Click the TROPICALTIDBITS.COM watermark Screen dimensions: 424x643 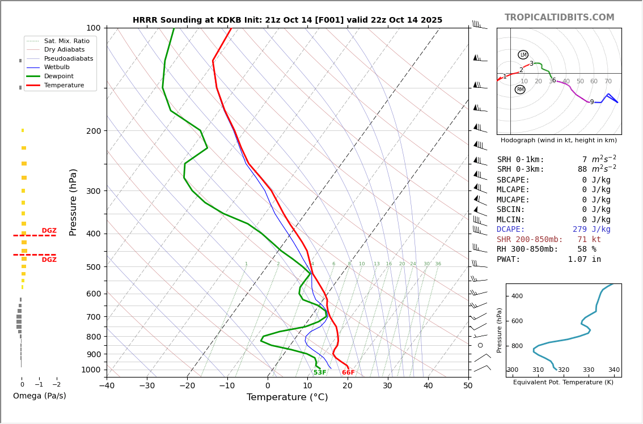[x=559, y=18]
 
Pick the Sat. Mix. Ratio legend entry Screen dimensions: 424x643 [x=66, y=41]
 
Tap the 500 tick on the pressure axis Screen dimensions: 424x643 [x=93, y=267]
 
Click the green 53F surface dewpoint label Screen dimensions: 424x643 [x=320, y=372]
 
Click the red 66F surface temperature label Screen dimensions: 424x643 [x=348, y=372]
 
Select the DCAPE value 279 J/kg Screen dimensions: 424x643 [x=591, y=230]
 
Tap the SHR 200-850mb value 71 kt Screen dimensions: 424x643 [x=589, y=240]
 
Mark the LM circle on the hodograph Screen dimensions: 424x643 [x=523, y=55]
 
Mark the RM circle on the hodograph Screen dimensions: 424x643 [x=520, y=90]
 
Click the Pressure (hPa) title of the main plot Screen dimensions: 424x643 [x=73, y=202]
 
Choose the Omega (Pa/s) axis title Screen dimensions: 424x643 [x=40, y=396]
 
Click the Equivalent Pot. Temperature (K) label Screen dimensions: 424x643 [x=563, y=382]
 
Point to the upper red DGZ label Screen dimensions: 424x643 [x=49, y=231]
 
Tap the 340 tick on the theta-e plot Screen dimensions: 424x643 [x=614, y=370]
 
